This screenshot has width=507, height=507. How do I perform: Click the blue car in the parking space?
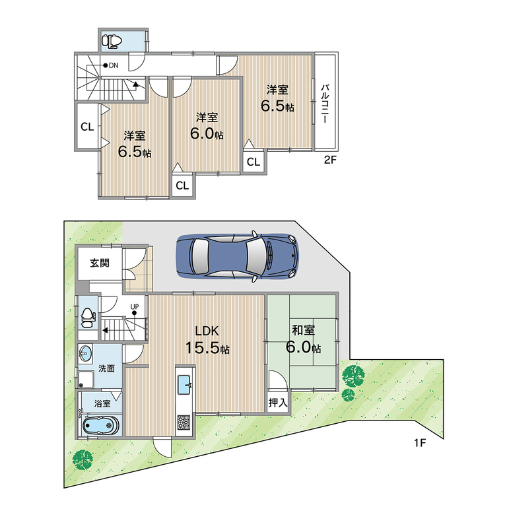coord(238,255)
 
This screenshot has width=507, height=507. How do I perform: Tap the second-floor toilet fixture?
coord(112,41)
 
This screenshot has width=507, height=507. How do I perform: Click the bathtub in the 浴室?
coord(101,424)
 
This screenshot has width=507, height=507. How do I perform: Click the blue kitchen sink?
coord(184,385)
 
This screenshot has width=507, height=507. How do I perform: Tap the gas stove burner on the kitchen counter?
coord(184,422)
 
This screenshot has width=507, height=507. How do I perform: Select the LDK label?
coord(207,331)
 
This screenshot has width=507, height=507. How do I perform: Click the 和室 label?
coord(303,330)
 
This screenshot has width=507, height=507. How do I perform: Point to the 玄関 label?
coord(99,263)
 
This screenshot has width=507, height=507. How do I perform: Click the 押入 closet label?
coord(278,403)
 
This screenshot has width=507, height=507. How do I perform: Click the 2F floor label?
coord(331,160)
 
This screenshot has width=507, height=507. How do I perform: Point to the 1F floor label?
coord(420,443)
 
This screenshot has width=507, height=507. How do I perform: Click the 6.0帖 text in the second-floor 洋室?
coord(207,133)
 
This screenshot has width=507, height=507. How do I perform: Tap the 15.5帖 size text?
coord(207,348)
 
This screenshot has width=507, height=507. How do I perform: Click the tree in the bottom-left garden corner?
coord(83,459)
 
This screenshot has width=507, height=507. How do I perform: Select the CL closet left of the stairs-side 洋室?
coord(87,127)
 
